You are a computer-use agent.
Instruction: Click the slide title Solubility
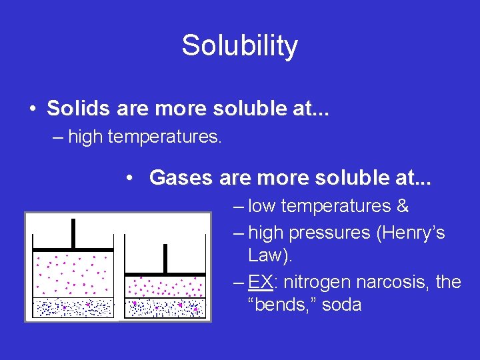[x=239, y=46]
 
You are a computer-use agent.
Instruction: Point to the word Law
[x=265, y=255]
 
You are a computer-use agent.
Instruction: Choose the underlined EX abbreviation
[x=260, y=282]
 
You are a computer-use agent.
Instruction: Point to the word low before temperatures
[x=262, y=206]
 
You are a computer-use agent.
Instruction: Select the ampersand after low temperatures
[x=402, y=206]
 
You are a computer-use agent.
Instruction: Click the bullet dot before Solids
[x=32, y=108]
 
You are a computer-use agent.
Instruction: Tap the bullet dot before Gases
[x=133, y=178]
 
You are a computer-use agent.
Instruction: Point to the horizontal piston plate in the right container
[x=165, y=274]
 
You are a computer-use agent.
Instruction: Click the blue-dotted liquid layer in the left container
[x=73, y=307]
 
